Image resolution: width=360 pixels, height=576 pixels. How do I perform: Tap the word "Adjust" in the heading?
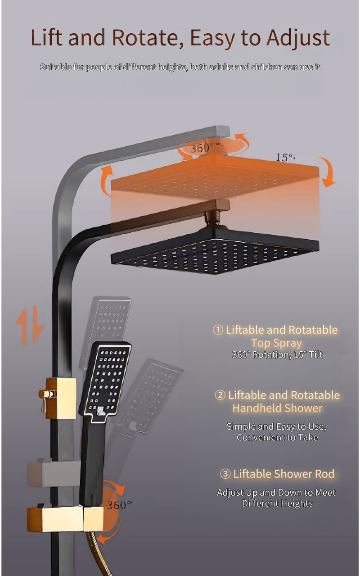point(298,39)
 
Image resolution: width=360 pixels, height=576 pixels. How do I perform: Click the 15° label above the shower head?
point(284,158)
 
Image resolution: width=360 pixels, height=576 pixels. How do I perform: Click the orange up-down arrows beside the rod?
point(30,325)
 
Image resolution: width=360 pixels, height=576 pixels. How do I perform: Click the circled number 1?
point(218,330)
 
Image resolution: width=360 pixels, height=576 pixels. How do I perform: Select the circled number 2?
point(220,395)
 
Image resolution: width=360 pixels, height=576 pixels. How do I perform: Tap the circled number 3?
point(225,474)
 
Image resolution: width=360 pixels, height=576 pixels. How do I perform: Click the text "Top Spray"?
point(276,343)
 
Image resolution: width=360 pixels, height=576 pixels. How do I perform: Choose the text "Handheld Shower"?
point(277,408)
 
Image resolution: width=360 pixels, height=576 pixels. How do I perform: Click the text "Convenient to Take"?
point(277,437)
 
